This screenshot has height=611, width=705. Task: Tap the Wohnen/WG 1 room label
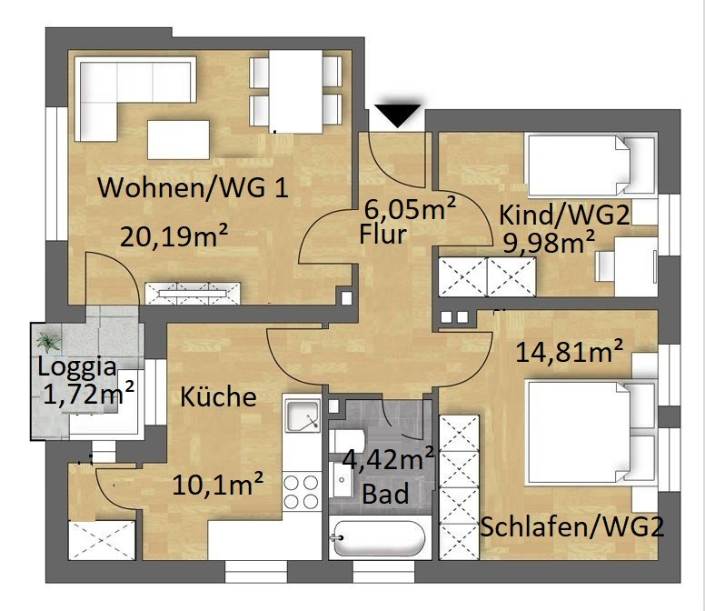[x=194, y=187]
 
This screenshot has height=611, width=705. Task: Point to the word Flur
[x=382, y=235]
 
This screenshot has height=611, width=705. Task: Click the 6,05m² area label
[x=410, y=208]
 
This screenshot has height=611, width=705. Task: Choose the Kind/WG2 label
[x=564, y=215]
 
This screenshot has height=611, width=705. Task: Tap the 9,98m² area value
[x=549, y=242]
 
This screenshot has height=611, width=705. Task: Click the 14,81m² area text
[x=569, y=351]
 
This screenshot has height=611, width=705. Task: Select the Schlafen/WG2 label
[x=572, y=526]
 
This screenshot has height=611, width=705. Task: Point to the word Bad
[x=385, y=494]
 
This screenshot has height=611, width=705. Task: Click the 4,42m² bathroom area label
[x=388, y=459]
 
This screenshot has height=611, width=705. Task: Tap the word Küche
[x=218, y=396]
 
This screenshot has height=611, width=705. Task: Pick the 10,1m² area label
[x=218, y=485]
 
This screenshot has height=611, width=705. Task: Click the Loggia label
[x=77, y=366]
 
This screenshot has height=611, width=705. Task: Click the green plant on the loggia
[x=48, y=342]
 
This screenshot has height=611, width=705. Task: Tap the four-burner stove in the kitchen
[x=302, y=491]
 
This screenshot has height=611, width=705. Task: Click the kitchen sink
[x=302, y=414]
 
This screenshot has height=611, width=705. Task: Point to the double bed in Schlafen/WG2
[x=591, y=433]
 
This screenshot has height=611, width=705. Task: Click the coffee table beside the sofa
[x=178, y=139]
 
